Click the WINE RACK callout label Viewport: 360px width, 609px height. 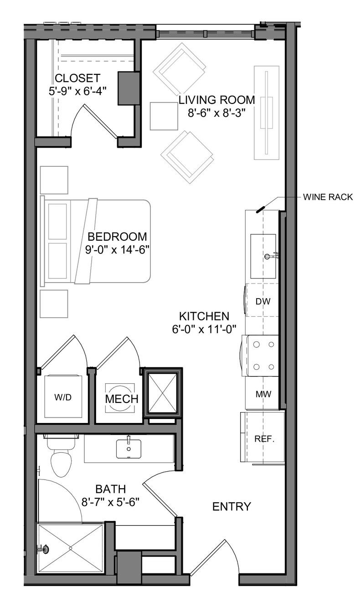[x=328, y=197]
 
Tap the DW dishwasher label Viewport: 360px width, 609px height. [x=263, y=301]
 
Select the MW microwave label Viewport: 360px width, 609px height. [x=263, y=394]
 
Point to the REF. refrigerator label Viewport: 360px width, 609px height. [x=264, y=439]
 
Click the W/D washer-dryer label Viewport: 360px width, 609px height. [x=63, y=397]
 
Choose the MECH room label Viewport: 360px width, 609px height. [x=122, y=399]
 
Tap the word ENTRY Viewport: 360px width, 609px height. [x=231, y=506]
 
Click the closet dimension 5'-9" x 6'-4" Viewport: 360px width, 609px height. [x=77, y=91]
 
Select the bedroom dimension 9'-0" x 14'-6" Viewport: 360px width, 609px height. [x=118, y=250]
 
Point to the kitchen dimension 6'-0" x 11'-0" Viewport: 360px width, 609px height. [x=204, y=329]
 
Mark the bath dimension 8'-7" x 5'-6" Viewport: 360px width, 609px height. [x=111, y=502]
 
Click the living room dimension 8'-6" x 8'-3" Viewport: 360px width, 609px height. [x=216, y=113]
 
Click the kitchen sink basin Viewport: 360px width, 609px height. [x=263, y=256]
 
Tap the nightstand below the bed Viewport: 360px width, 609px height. [x=54, y=304]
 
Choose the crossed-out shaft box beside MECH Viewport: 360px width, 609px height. [x=162, y=392]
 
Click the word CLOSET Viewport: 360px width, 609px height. [x=78, y=78]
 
